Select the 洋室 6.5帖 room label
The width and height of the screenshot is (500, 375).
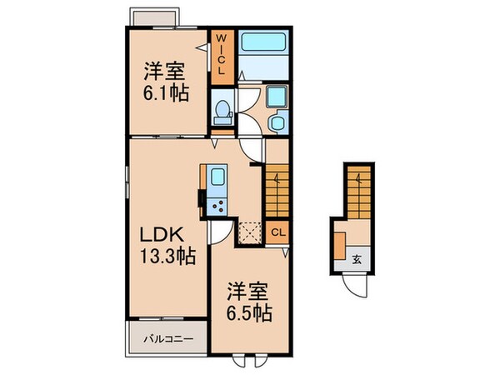(249, 306)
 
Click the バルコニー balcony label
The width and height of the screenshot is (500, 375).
(167, 339)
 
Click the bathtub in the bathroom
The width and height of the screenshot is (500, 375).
(264, 42)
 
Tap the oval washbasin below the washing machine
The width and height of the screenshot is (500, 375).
(276, 124)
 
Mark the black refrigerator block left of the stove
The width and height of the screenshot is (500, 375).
(201, 200)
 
